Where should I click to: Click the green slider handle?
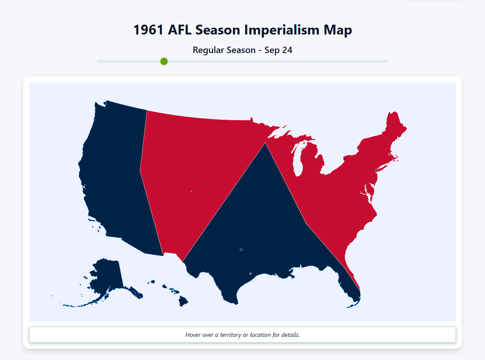coord(164,61)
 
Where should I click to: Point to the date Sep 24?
coord(278,50)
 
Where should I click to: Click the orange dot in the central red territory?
coord(192,191)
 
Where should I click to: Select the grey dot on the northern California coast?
coord(84,187)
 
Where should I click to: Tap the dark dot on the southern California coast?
coord(107,235)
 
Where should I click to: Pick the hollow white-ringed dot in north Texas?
coord(241,250)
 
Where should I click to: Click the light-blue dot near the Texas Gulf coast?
coord(250,274)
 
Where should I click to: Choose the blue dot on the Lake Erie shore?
coord(344,160)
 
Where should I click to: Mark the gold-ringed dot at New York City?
coord(376,170)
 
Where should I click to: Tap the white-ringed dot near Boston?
coord(390,154)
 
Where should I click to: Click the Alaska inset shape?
coord(104,277)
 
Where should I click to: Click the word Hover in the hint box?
coord(193,335)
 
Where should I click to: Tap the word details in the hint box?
coord(290,335)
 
